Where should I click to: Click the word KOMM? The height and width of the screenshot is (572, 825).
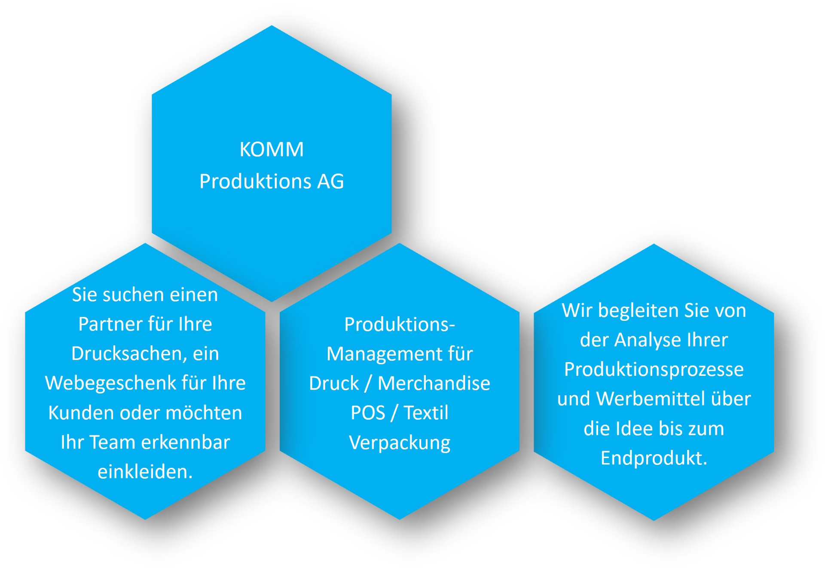(272, 150)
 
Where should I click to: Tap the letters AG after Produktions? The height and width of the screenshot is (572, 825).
(330, 181)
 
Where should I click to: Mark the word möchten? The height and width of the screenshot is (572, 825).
(204, 413)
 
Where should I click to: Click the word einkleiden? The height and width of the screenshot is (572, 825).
(145, 472)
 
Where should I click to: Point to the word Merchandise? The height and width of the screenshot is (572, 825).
(434, 384)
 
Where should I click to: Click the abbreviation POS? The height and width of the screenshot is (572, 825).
(368, 413)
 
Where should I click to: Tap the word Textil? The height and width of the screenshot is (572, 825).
(426, 413)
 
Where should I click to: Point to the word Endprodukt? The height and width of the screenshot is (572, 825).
(654, 458)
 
